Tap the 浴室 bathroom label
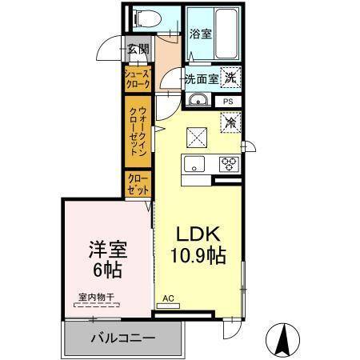pyautogui.click(x=201, y=34)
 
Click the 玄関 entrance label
pyautogui.click(x=138, y=49)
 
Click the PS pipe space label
pyautogui.click(x=228, y=102)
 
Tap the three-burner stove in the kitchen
pyautogui.click(x=230, y=164)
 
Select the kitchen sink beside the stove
pyautogui.click(x=195, y=165)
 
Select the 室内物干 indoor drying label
pyautogui.click(x=96, y=298)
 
